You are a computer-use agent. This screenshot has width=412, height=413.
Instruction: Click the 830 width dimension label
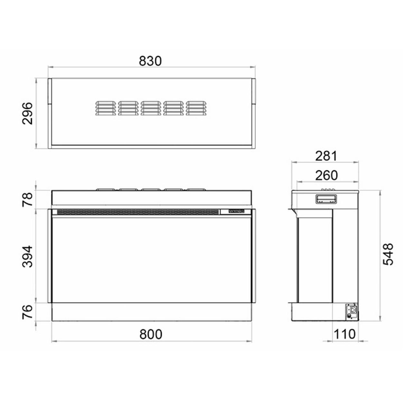click(150, 61)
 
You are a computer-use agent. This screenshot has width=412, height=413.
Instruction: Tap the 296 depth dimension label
click(28, 113)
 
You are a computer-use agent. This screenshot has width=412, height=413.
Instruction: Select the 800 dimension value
click(151, 334)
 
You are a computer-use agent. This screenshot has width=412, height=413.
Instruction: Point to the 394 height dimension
click(28, 257)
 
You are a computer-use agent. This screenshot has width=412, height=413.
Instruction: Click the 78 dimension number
click(28, 199)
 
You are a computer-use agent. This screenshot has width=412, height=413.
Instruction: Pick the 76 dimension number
click(28, 312)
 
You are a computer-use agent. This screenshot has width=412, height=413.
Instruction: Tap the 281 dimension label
click(326, 156)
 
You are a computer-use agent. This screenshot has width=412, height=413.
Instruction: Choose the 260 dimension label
click(326, 175)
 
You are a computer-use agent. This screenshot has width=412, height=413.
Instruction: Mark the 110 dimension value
click(344, 334)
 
